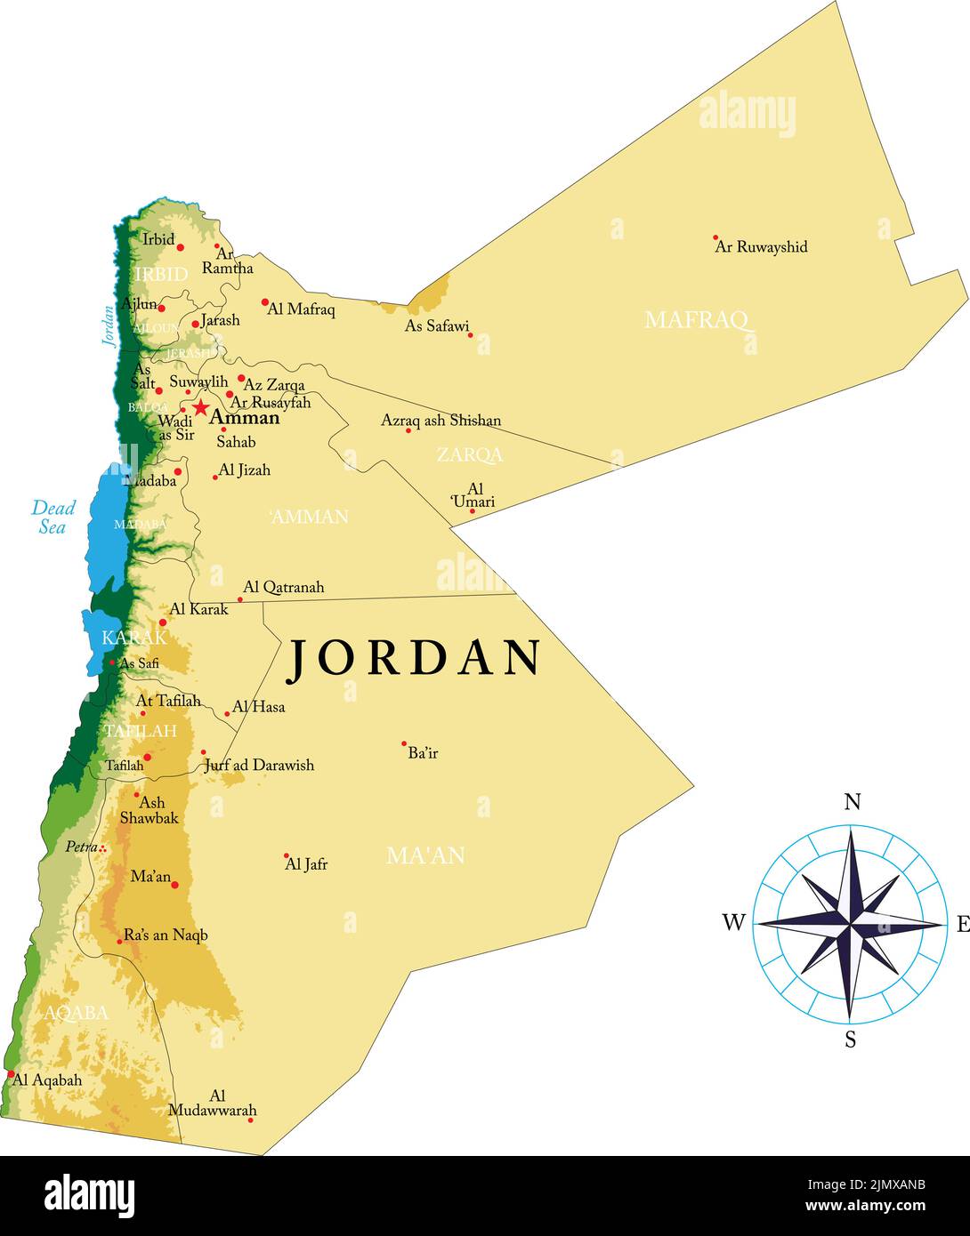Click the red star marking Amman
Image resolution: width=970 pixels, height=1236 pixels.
201,408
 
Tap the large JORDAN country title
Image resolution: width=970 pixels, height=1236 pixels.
414,658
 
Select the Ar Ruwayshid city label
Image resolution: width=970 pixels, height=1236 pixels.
761,246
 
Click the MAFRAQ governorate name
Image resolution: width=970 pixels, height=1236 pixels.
697,319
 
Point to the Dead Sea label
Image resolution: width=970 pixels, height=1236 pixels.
53,517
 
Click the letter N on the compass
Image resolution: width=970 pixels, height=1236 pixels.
852,802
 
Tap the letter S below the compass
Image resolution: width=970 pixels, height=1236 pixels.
850,1039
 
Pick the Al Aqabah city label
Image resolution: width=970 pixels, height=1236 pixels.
48,1079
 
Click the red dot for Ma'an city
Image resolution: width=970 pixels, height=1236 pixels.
174,885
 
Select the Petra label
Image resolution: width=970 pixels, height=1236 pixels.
80,847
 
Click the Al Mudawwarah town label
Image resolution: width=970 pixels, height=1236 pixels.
214,1104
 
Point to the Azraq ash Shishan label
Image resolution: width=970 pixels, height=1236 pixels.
441,420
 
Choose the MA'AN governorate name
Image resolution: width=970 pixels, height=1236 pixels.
425,855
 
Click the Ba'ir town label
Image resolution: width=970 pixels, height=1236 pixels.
423,753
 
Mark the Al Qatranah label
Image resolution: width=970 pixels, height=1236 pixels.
283,587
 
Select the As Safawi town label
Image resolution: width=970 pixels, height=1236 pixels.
437,326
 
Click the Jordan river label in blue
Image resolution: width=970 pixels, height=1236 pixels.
108,325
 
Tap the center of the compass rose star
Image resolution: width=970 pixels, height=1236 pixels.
850,924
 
